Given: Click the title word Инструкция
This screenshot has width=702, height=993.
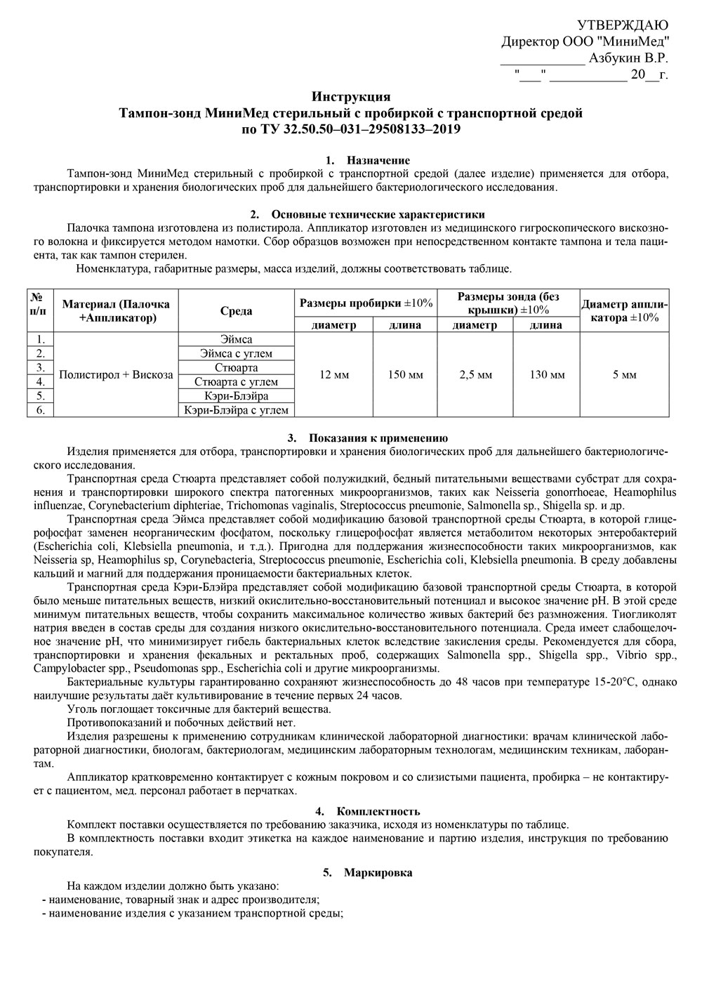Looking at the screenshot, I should (x=350, y=97).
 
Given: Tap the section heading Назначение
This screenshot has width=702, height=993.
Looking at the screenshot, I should (x=378, y=161).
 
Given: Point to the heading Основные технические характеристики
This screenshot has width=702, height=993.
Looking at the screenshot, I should (x=378, y=214).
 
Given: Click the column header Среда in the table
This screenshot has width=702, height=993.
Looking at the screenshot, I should (x=236, y=311).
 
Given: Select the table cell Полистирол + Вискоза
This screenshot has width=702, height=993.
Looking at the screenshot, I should (x=116, y=375).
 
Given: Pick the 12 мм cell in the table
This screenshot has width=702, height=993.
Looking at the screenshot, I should (x=334, y=375).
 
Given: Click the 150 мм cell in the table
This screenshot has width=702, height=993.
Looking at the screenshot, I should (x=406, y=375).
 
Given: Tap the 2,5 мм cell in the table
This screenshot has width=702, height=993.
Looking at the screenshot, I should (x=476, y=375).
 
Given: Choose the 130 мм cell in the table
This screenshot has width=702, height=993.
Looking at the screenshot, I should (x=547, y=375).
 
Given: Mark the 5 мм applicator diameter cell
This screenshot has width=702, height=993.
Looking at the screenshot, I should (x=624, y=375).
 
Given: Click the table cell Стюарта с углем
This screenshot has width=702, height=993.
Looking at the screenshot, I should (x=236, y=382).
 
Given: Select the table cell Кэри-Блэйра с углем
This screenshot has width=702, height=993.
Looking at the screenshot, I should (x=236, y=410).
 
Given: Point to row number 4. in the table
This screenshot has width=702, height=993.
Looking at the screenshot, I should (x=41, y=382).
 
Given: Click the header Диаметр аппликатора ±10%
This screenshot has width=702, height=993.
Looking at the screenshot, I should (x=624, y=310).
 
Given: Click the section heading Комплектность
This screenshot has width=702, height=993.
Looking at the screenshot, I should (x=378, y=812).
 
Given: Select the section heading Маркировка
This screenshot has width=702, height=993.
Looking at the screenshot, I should (x=378, y=873).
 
